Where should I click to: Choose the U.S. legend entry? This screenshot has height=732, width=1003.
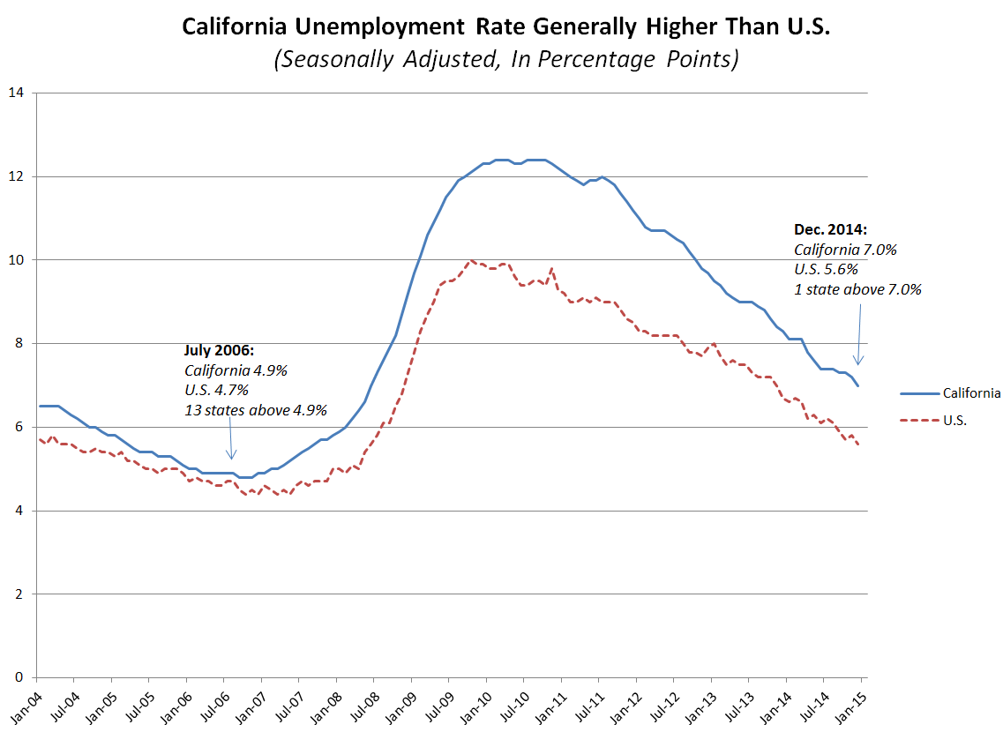[954, 421]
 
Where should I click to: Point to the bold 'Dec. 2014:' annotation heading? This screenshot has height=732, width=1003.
[830, 230]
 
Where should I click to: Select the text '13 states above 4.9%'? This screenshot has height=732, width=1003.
[256, 410]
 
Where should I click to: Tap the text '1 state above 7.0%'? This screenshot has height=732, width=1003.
[857, 288]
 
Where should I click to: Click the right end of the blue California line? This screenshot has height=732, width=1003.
[858, 385]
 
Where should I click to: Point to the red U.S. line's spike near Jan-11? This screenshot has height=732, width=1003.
[551, 268]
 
